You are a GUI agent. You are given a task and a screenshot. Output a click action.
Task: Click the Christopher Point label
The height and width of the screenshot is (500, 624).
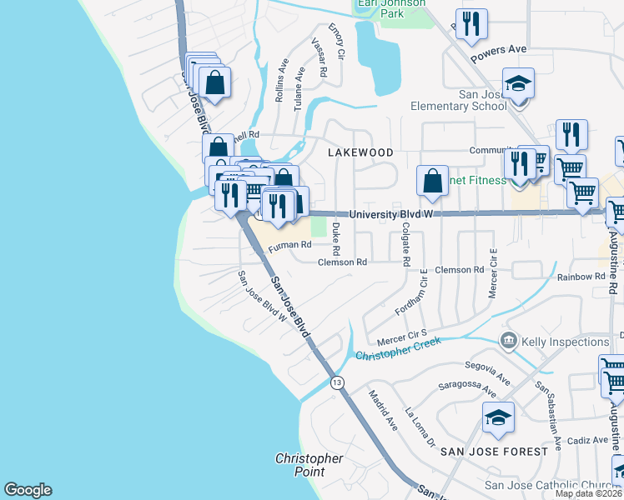click(x=309, y=465)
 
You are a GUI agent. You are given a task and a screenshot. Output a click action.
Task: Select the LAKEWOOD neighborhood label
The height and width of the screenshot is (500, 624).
click(x=360, y=153)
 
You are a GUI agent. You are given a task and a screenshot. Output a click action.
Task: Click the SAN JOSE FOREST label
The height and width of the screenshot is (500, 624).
click(x=494, y=451)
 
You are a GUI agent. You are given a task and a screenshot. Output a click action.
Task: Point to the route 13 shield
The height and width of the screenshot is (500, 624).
click(x=336, y=382)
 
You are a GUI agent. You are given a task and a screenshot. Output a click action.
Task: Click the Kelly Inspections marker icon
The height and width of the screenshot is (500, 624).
click(x=508, y=341)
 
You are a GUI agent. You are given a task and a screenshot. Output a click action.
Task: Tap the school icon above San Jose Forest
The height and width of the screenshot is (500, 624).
click(x=498, y=418)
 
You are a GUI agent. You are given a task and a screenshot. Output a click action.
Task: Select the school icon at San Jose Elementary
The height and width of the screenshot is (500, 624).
click(x=518, y=85)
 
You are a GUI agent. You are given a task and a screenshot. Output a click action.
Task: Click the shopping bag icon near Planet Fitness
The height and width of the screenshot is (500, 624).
click(x=432, y=182)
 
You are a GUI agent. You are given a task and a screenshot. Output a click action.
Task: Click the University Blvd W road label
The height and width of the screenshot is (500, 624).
click(x=392, y=214)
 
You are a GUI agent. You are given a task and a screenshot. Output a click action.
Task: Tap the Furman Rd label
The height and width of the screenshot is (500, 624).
click(x=290, y=245)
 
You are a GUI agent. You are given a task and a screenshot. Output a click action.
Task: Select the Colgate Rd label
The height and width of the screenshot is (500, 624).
click(x=406, y=243)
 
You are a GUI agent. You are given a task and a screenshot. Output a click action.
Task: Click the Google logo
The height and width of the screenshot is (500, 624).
click(x=28, y=490)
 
